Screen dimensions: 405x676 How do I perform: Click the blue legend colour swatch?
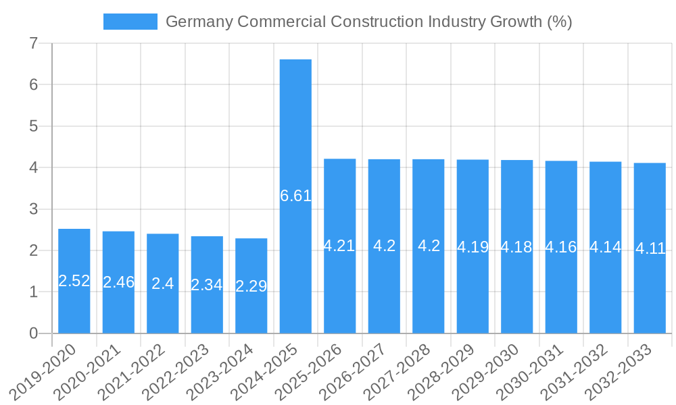pyautogui.click(x=130, y=22)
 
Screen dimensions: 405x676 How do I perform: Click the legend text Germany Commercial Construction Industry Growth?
pyautogui.click(x=368, y=22)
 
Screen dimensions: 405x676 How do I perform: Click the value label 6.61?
pyautogui.click(x=295, y=196)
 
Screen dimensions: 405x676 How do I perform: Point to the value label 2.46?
pyautogui.click(x=118, y=282)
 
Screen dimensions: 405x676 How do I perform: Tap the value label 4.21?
pyautogui.click(x=339, y=246)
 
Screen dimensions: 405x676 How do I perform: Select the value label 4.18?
pyautogui.click(x=516, y=247)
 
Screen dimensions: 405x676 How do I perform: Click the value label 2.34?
pyautogui.click(x=207, y=285)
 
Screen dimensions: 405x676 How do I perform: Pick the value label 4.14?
pyautogui.click(x=605, y=247)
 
